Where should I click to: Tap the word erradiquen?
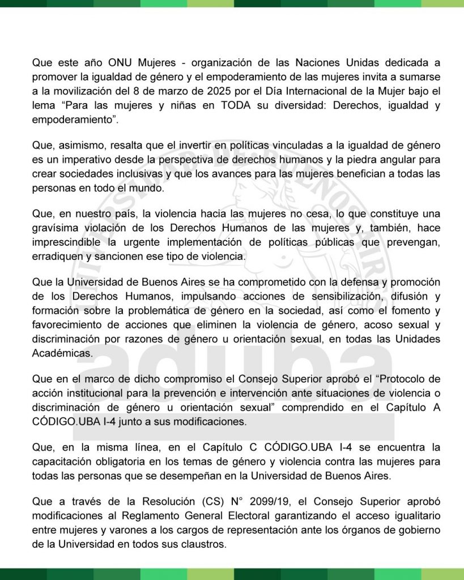(x=57, y=256)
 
